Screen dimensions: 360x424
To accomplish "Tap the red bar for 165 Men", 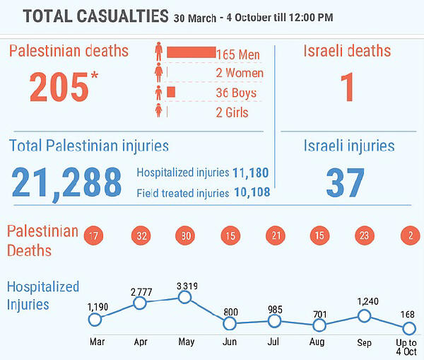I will coord(191,52).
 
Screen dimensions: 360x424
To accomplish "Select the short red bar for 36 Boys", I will coord(171,92).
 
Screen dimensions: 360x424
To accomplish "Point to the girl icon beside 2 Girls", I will coord(159,111).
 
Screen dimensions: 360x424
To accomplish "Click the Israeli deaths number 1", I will coord(346,86).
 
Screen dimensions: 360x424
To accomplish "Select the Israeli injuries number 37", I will coord(346,182).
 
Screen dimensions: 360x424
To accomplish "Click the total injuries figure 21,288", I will coord(66,182).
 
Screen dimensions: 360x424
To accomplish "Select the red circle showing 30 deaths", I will coord(184,236).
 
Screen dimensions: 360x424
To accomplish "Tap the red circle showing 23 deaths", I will coord(364,236).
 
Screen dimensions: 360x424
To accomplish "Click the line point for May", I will coord(184,297).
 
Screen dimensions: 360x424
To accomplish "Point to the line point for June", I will coord(229,324).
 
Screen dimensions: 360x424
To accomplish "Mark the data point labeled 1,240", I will coord(364,316).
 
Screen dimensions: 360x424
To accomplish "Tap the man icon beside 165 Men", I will coord(159,52).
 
